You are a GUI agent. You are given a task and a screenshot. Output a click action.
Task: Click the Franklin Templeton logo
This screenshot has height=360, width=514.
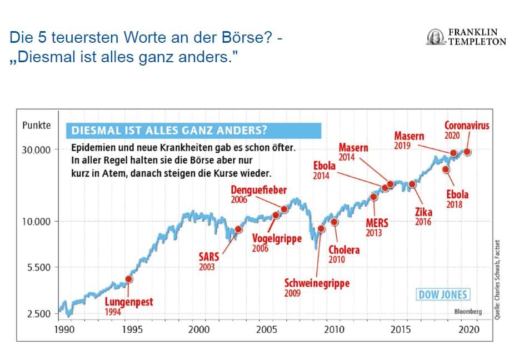pyautogui.click(x=466, y=37)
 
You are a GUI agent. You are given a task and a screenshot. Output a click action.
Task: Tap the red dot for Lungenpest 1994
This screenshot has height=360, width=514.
pyautogui.click(x=129, y=279)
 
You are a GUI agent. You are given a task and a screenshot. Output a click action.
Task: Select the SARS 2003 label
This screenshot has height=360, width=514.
pyautogui.click(x=209, y=261)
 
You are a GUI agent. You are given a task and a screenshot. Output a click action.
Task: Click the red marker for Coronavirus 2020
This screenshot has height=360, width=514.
pyautogui.click(x=467, y=152)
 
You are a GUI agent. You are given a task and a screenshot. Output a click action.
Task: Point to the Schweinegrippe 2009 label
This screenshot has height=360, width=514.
pyautogui.click(x=317, y=287)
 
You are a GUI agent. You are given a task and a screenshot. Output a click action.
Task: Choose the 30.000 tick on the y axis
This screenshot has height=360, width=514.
pyautogui.click(x=36, y=150)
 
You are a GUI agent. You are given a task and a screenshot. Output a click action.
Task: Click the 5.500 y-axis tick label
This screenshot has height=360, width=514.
pyautogui.click(x=38, y=267)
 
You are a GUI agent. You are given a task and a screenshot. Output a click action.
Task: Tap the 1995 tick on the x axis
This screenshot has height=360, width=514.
pyautogui.click(x=132, y=329)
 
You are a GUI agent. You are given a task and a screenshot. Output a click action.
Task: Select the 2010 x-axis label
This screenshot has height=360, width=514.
pyautogui.click(x=334, y=329)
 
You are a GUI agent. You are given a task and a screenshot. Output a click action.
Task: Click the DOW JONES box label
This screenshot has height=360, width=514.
pyautogui.click(x=443, y=294)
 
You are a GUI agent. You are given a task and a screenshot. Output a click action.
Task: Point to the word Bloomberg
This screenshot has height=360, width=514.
pyautogui.click(x=467, y=312)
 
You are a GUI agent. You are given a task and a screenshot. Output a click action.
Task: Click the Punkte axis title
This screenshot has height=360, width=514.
pyautogui.click(x=36, y=126)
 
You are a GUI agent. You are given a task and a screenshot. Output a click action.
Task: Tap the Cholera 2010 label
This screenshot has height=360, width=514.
pyautogui.click(x=344, y=254)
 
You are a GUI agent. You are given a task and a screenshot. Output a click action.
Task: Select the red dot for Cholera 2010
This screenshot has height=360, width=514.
pyautogui.click(x=334, y=222)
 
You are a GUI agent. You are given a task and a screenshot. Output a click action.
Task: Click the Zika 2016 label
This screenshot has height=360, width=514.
pyautogui.click(x=423, y=216)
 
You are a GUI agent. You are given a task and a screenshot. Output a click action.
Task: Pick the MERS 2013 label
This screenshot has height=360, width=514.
pyautogui.click(x=377, y=227)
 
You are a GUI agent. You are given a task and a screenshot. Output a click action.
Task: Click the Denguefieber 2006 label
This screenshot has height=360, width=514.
pyautogui.click(x=258, y=194)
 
